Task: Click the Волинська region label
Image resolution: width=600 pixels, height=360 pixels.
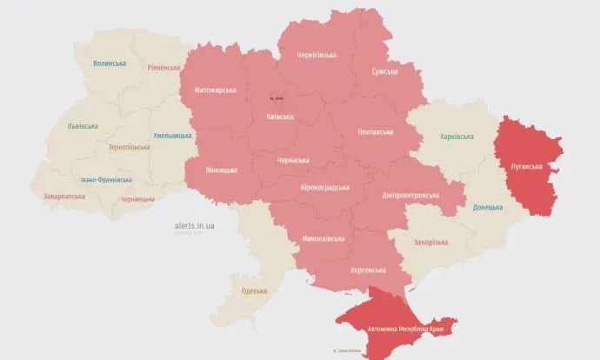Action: tap(110, 63)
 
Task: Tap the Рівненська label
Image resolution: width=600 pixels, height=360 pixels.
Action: tap(163, 67)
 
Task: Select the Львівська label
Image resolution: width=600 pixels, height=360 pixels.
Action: tap(83, 125)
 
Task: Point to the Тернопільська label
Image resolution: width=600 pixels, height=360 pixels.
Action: tap(129, 147)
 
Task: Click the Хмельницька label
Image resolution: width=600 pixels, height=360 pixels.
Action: tap(172, 136)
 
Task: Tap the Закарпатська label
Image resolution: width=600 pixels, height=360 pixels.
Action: tap(64, 197)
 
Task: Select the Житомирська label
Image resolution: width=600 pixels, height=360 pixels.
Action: tap(216, 90)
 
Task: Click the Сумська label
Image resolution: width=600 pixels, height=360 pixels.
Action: tap(385, 71)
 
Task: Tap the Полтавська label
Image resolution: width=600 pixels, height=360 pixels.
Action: tap(376, 132)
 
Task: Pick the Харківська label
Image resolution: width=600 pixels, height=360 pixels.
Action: tap(457, 137)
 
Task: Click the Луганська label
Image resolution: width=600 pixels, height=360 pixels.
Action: tap(526, 165)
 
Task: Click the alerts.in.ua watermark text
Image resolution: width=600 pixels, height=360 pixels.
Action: tap(194, 225)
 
